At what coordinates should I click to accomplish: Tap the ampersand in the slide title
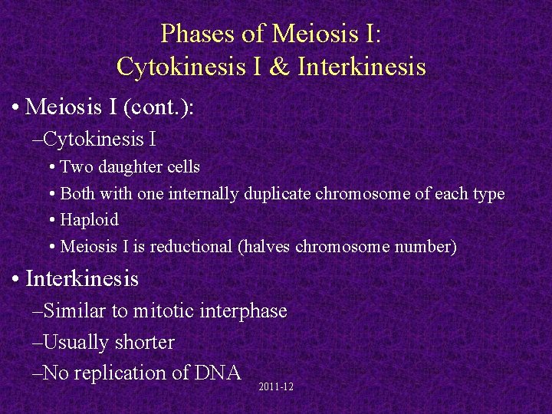281,67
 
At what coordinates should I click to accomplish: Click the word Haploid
89,220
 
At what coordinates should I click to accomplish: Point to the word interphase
243,311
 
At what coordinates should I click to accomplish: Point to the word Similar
76,311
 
